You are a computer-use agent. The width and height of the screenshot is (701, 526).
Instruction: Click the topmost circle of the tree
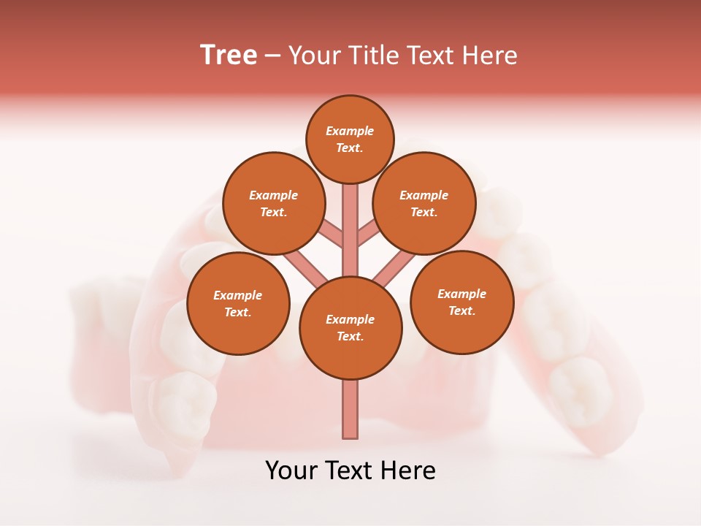pos(350,139)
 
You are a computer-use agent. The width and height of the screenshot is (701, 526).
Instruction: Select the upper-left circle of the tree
pos(274,203)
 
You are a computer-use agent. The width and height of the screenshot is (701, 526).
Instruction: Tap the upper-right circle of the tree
pos(424,203)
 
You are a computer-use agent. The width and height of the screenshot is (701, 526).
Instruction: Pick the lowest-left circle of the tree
pos(238,303)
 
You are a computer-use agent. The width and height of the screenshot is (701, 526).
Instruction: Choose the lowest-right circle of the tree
pos(462,302)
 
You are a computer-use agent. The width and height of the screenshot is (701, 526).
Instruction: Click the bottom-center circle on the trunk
pos(350,328)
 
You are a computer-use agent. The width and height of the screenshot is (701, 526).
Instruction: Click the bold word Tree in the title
pos(229,55)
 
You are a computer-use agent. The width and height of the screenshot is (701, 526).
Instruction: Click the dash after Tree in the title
pos(272,56)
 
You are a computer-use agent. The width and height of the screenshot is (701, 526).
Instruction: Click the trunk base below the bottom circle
pos(350,409)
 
